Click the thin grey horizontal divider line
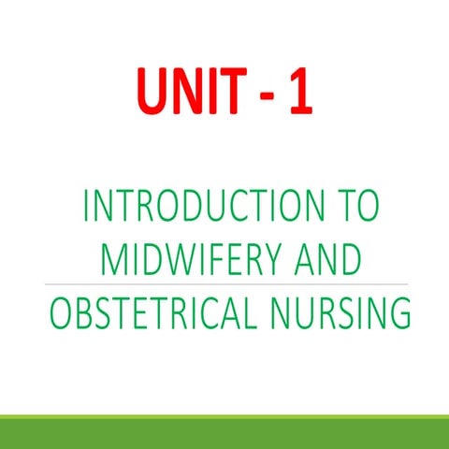coord(224,282)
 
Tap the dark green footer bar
coord(224,432)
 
